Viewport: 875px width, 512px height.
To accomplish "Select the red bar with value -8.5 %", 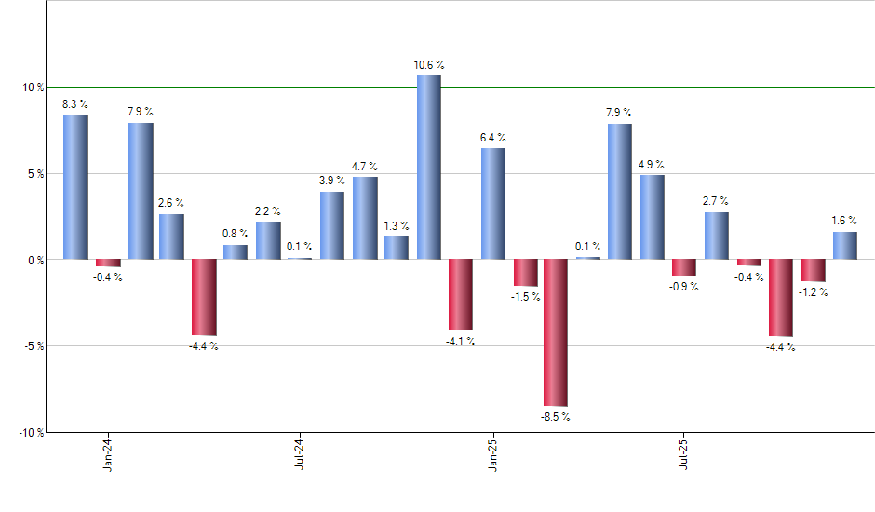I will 556,332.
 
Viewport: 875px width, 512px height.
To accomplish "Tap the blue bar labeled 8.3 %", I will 75,187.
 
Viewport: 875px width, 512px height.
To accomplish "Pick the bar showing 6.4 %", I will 493,203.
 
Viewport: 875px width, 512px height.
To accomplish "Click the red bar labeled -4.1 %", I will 460,294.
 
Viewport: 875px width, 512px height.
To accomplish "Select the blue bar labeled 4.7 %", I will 365,218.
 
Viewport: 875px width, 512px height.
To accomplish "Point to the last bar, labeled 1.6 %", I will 844,246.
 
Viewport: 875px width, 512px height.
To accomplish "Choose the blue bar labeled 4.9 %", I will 652,217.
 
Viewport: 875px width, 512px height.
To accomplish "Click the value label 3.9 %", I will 332,181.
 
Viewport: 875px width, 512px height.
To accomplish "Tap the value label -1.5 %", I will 525,297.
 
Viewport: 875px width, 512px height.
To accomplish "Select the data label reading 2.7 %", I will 716,201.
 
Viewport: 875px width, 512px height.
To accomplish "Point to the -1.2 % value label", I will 813,292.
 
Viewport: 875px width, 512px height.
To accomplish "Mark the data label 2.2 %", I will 268,210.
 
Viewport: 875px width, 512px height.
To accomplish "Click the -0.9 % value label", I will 683,287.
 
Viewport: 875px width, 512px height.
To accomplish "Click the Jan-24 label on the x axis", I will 108,453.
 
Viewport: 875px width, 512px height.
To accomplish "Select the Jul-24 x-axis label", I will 300,453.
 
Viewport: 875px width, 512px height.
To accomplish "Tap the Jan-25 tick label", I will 492,453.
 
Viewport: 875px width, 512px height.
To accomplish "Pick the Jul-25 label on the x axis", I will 684,453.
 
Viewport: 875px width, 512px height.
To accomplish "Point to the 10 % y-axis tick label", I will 33,88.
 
